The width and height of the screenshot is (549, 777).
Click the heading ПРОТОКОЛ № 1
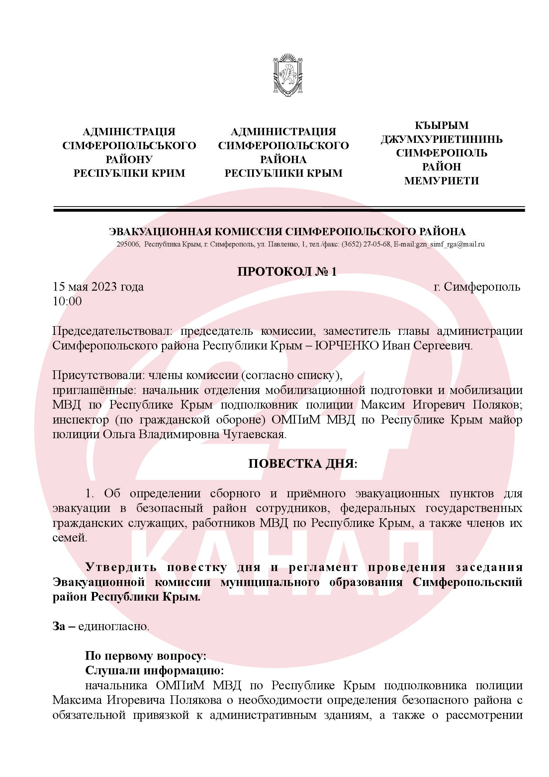tap(287, 272)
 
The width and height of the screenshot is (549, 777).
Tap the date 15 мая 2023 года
tap(98, 287)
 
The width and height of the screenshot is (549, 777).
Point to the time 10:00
tap(67, 301)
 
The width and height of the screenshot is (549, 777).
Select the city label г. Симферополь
tap(477, 287)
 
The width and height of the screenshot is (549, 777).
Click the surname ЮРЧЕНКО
tap(346, 346)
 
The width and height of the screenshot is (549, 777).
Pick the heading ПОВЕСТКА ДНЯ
tap(303, 464)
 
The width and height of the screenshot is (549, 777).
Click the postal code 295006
tap(128, 244)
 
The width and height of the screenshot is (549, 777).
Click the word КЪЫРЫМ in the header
tap(441, 126)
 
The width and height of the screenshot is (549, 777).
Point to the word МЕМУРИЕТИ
tap(441, 181)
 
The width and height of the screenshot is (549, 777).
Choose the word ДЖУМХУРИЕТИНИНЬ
tap(441, 140)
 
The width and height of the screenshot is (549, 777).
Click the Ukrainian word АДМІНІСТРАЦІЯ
tap(129, 132)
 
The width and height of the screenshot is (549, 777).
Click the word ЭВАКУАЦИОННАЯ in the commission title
tap(161, 232)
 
